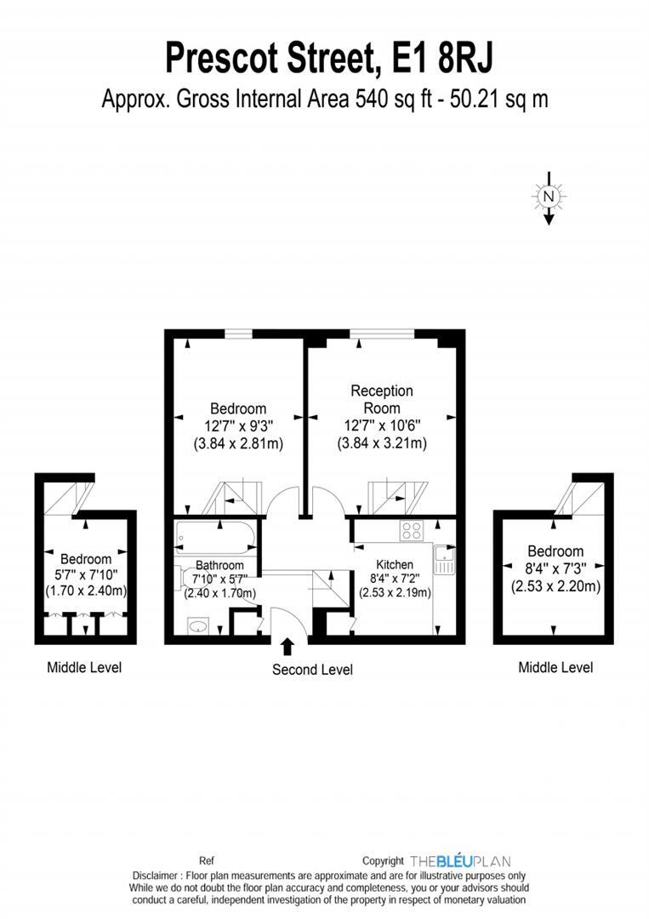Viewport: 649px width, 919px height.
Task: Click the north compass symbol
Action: [549, 197]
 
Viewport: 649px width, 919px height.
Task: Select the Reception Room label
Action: [382, 399]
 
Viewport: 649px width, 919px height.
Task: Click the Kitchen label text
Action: [395, 564]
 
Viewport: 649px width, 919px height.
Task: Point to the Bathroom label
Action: [219, 565]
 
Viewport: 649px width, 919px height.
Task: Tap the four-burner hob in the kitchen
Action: [412, 530]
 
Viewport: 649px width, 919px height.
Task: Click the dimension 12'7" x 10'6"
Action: [382, 425]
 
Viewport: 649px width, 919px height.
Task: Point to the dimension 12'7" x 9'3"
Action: [238, 425]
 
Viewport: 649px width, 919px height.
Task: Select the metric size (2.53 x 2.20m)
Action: [555, 586]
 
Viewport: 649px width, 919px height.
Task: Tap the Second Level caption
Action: [312, 670]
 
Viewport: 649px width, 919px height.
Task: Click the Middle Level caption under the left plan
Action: [83, 667]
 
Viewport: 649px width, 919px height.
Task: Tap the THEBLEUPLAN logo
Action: [460, 861]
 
